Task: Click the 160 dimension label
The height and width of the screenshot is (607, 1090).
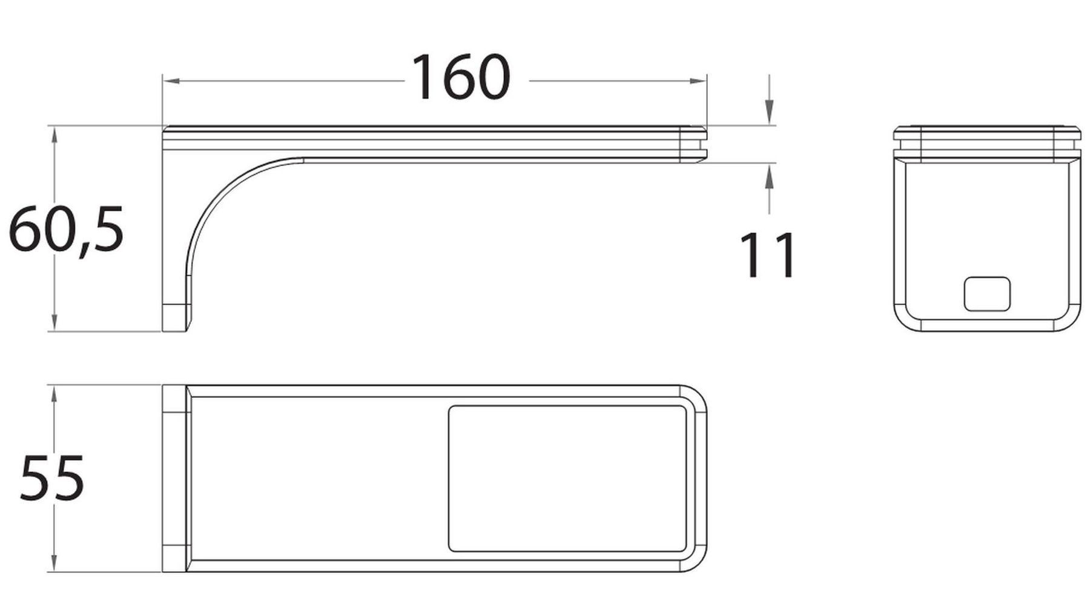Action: [x=460, y=77]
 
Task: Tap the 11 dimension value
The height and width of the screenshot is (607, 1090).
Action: [x=767, y=255]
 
